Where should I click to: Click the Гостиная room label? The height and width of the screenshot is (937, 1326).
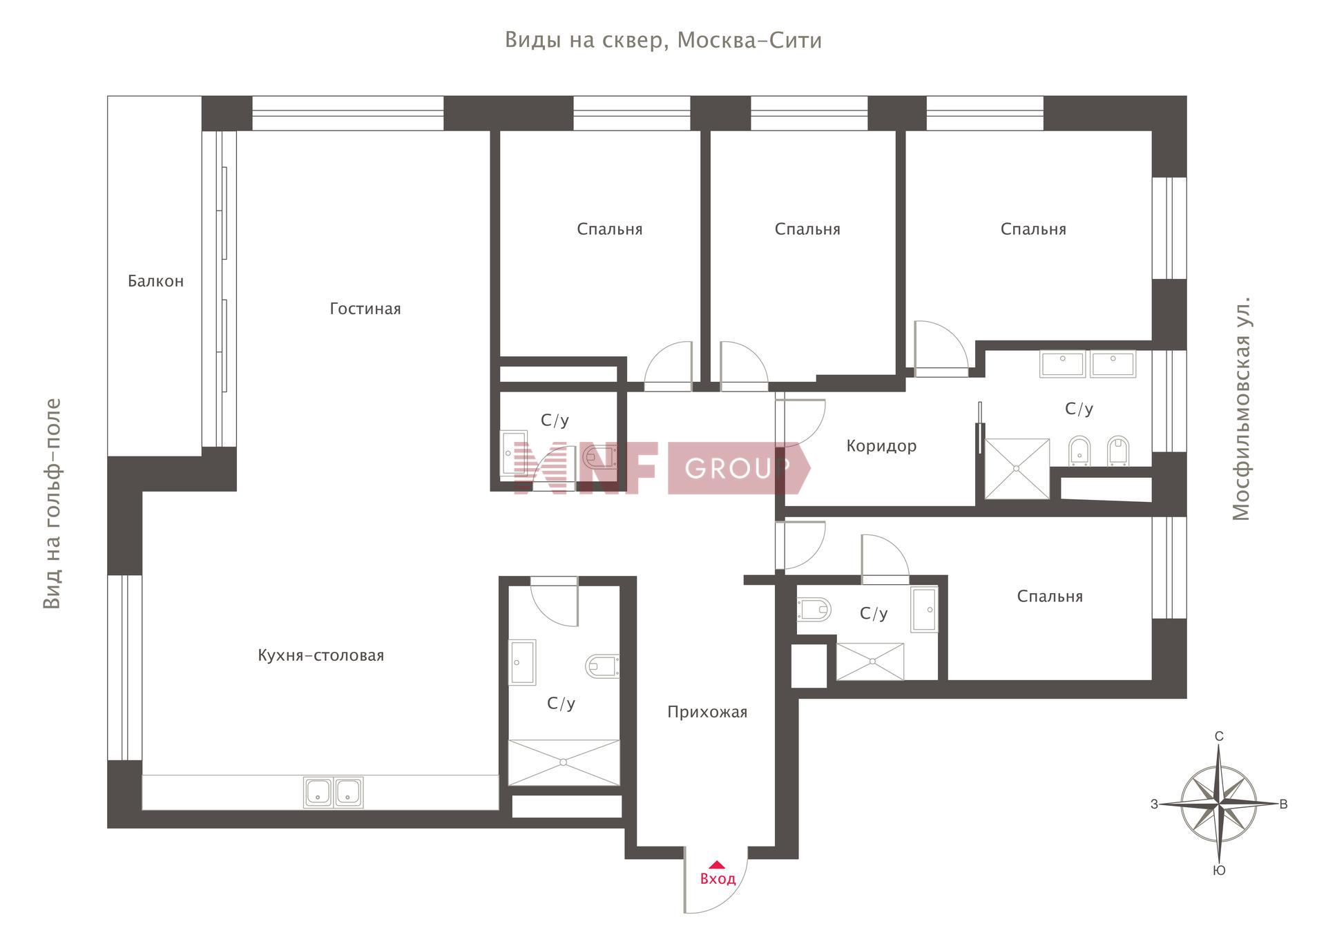pyautogui.click(x=365, y=309)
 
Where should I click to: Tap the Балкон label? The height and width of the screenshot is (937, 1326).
pyautogui.click(x=155, y=281)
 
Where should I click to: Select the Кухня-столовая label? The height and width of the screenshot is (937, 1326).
pyautogui.click(x=320, y=655)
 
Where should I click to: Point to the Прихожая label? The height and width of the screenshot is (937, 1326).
pyautogui.click(x=707, y=712)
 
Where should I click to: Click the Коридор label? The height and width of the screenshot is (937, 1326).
pyautogui.click(x=881, y=446)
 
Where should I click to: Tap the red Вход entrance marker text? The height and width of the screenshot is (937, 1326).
pyautogui.click(x=718, y=879)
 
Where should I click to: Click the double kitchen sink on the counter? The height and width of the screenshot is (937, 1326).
pyautogui.click(x=333, y=792)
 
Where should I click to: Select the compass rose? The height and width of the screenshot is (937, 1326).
pyautogui.click(x=1219, y=804)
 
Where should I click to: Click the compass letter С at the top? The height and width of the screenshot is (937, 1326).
pyautogui.click(x=1219, y=737)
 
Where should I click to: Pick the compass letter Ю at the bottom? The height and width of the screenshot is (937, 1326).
pyautogui.click(x=1219, y=871)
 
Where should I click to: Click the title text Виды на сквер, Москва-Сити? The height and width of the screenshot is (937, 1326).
pyautogui.click(x=663, y=41)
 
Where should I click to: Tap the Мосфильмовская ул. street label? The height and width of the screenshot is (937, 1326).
pyautogui.click(x=1241, y=409)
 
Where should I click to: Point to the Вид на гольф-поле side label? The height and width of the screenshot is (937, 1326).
pyautogui.click(x=52, y=504)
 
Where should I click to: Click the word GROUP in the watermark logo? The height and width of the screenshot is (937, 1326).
pyautogui.click(x=736, y=469)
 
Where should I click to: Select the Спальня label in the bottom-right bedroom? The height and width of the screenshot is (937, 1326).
pyautogui.click(x=1049, y=597)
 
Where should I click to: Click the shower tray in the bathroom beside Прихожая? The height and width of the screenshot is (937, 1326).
pyautogui.click(x=564, y=762)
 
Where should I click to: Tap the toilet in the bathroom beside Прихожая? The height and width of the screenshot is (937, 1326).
pyautogui.click(x=602, y=666)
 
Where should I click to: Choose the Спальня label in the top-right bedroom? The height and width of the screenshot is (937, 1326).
pyautogui.click(x=1033, y=229)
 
